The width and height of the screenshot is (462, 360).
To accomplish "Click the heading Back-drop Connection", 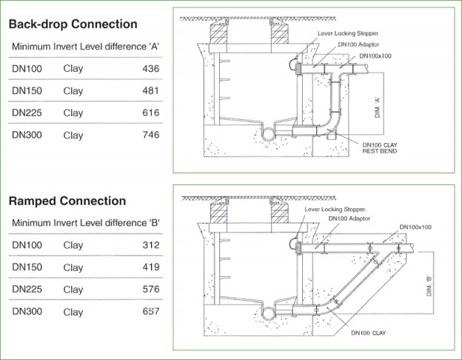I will click(x=73, y=24).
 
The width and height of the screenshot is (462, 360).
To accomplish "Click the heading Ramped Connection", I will click(x=67, y=201).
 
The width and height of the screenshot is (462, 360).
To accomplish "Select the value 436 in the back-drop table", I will click(x=150, y=69).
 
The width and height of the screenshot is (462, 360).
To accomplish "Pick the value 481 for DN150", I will click(x=150, y=91).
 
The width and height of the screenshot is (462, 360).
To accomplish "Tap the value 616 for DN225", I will click(x=150, y=113).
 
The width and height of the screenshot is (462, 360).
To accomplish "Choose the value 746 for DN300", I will click(x=150, y=136).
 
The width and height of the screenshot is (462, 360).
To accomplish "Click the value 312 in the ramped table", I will click(x=150, y=245).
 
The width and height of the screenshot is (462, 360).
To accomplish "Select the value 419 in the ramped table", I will click(x=150, y=267).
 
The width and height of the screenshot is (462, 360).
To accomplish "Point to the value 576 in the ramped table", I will click(x=150, y=290).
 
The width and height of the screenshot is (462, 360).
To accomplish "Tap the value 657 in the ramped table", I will click(x=150, y=312).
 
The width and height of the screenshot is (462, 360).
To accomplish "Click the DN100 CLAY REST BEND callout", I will click(x=382, y=147).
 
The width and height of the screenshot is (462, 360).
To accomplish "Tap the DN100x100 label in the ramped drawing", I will click(x=415, y=227).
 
